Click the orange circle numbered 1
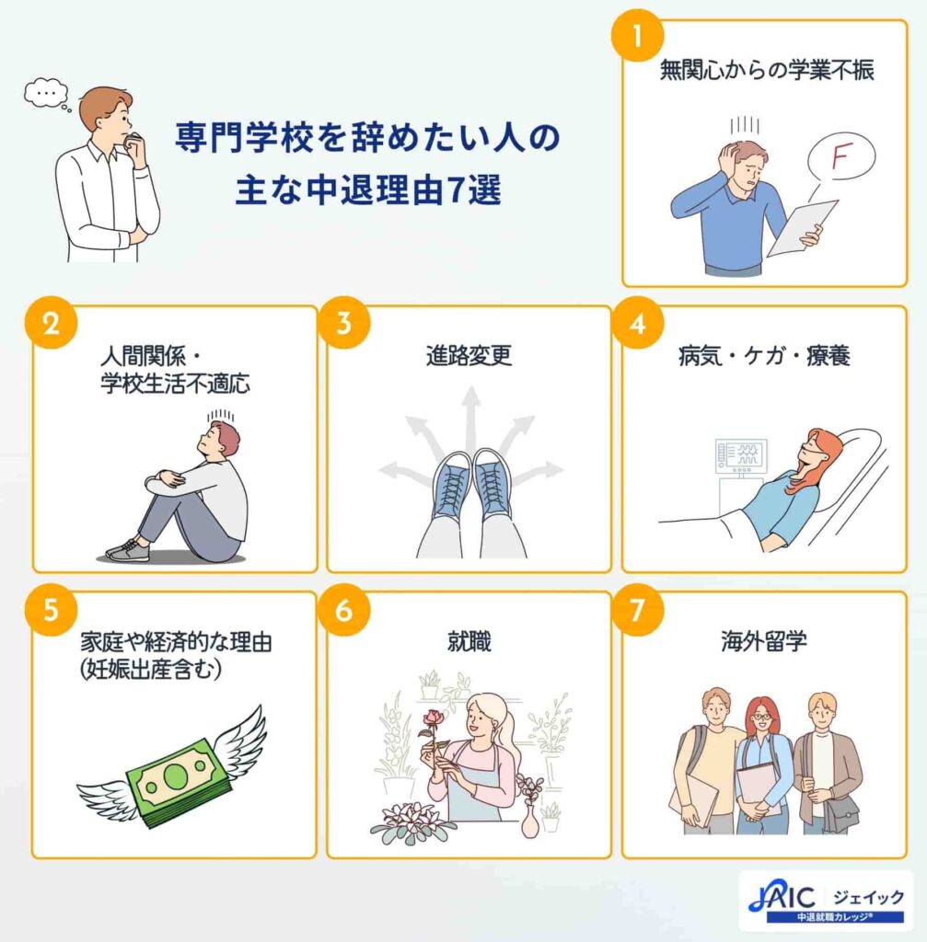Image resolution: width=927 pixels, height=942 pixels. pyautogui.click(x=637, y=35)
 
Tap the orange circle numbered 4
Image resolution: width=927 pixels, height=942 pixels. pyautogui.click(x=637, y=323)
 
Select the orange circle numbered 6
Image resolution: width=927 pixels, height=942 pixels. pyautogui.click(x=344, y=610)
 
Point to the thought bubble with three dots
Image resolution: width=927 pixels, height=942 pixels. pyautogui.click(x=46, y=93)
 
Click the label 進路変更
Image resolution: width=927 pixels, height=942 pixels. pyautogui.click(x=469, y=356)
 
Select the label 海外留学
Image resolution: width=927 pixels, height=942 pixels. pyautogui.click(x=763, y=641)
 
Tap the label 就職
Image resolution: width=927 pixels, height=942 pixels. pyautogui.click(x=469, y=641)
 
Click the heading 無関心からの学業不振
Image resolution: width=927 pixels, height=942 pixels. pyautogui.click(x=767, y=70)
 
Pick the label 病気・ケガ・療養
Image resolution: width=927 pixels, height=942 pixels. pyautogui.click(x=764, y=356)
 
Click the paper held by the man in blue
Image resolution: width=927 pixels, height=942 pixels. pyautogui.click(x=802, y=228)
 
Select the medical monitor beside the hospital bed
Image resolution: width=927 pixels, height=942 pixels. pyautogui.click(x=741, y=454)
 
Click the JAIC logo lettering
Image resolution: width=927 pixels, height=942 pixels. pyautogui.click(x=782, y=898)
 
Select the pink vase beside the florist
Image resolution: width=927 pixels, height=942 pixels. pyautogui.click(x=530, y=819)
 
